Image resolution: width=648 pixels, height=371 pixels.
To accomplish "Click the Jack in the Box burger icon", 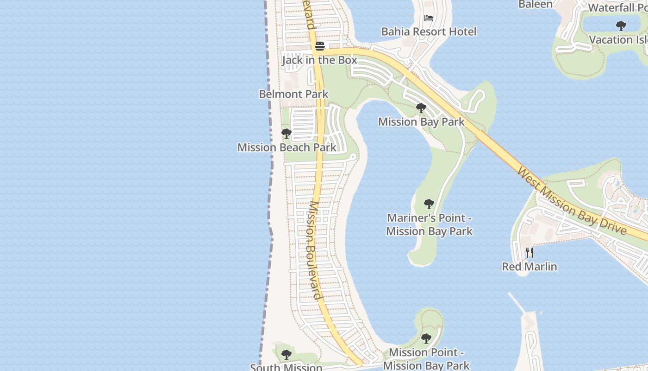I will (320, 46).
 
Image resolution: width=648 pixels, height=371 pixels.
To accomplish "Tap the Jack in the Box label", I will (320, 60).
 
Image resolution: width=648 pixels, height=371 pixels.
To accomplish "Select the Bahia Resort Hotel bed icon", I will (429, 18).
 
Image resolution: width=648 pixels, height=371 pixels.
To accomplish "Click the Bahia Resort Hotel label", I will (429, 32).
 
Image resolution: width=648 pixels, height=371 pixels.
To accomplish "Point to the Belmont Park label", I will (293, 94).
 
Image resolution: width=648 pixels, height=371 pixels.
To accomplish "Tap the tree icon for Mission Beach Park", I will (287, 134).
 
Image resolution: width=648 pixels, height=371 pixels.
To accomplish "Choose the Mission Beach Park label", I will (287, 147).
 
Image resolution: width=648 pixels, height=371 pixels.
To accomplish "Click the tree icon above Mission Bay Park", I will (421, 108).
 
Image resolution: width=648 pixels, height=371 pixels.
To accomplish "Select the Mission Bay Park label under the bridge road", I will (421, 122).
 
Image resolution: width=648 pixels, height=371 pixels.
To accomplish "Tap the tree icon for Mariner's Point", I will (429, 204).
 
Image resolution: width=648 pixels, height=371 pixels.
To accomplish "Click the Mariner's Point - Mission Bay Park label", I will (429, 224).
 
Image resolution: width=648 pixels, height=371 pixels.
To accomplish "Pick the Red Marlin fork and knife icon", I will (530, 253).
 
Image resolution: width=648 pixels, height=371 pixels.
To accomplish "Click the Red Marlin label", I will (530, 267).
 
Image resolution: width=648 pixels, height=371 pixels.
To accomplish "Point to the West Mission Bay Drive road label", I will (572, 202).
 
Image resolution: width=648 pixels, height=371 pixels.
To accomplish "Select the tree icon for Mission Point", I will (426, 339).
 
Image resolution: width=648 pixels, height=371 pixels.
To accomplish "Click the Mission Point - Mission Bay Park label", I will (426, 359).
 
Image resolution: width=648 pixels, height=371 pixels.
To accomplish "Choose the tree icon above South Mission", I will (287, 355).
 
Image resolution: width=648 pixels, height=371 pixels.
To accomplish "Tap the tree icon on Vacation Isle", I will (621, 26).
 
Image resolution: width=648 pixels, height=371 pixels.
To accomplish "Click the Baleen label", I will (536, 5).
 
